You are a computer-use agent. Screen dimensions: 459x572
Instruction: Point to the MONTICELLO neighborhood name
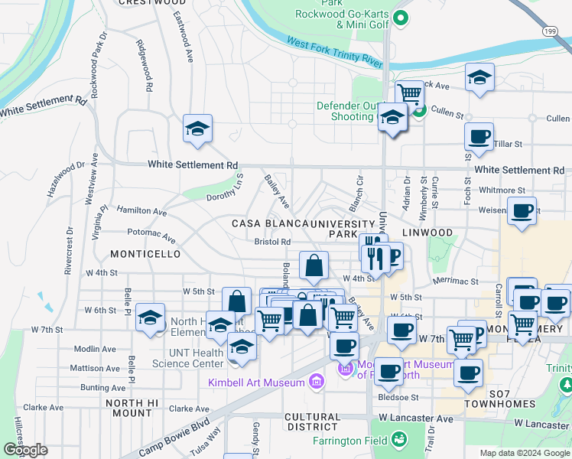(145, 253)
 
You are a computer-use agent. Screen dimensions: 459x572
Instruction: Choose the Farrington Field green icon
(398, 439)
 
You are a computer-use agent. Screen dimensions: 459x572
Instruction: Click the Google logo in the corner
(26, 450)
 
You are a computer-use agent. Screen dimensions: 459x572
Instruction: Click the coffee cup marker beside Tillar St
(479, 137)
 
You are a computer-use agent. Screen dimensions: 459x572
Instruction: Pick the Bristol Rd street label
(272, 242)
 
